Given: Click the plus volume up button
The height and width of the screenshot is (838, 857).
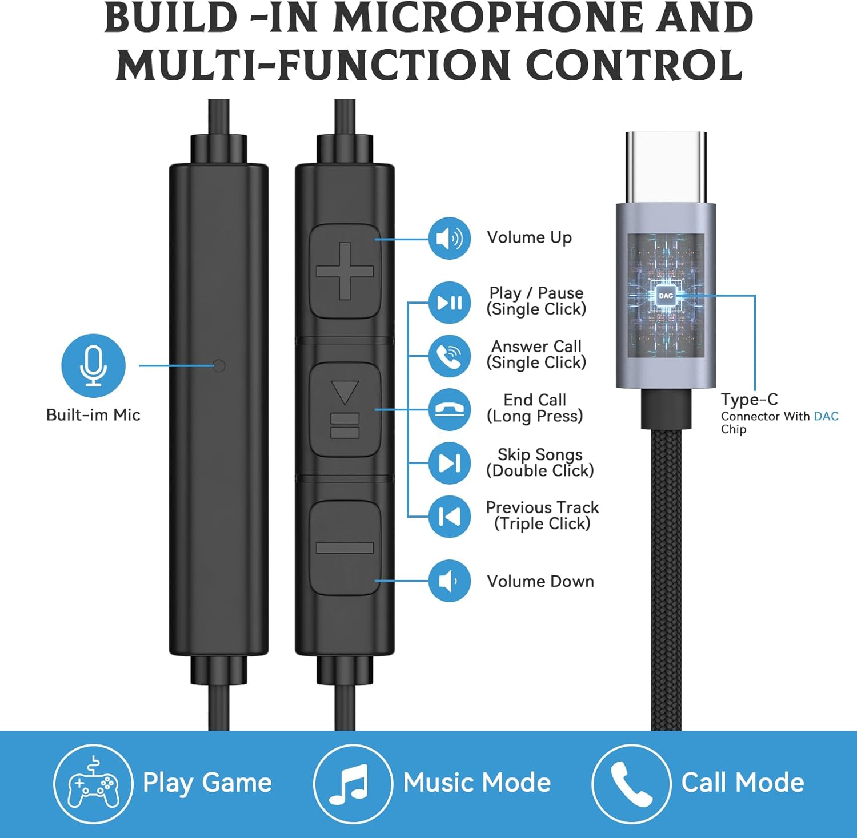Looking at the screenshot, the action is tap(345, 271).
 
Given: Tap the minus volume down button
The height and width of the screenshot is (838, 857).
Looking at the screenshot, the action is tap(345, 548).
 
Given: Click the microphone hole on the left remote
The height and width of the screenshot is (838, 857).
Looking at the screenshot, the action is tap(218, 365).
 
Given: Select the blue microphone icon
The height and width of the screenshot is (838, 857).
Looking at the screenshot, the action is tap(93, 366).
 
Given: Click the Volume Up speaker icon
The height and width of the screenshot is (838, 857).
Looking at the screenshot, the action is tap(450, 238).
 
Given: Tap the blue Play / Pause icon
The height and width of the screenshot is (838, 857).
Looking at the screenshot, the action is tap(450, 303).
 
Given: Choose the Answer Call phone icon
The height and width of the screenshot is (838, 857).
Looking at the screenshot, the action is tap(450, 356).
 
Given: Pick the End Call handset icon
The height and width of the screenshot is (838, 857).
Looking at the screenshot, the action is tap(450, 409).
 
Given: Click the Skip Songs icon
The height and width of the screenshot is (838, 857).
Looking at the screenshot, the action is tap(450, 463).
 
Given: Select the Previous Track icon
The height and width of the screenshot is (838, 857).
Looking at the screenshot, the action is tap(450, 517).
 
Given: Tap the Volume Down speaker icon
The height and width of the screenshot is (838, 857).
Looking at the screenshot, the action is tap(450, 581).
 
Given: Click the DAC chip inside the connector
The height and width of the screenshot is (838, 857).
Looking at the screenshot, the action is tap(666, 296).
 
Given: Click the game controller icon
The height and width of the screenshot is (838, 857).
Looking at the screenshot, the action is tap(93, 784).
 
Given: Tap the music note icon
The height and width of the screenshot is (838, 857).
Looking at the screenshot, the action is tap(353, 784).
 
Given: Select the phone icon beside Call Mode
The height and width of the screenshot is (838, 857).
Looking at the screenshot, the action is tap(631, 784).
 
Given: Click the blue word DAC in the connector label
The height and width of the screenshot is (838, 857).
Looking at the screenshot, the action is tap(826, 416).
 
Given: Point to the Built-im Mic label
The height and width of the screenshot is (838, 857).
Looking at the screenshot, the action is tap(93, 415).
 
